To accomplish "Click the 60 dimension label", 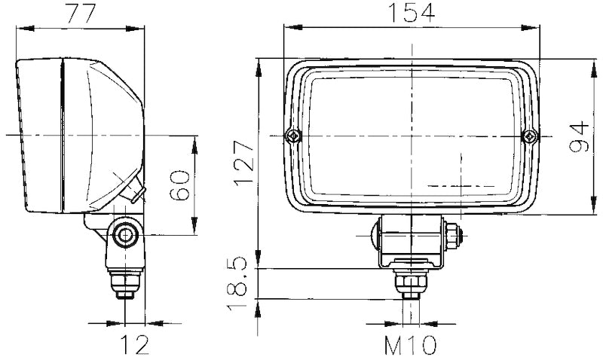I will [x=179, y=185].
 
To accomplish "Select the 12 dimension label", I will [x=134, y=345].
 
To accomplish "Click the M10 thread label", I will [x=411, y=346].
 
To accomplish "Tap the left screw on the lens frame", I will [x=292, y=136].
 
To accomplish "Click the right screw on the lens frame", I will [x=531, y=136].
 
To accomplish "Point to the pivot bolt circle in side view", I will [x=124, y=236].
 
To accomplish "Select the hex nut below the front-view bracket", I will [x=411, y=283].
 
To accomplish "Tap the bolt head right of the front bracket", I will [x=454, y=233].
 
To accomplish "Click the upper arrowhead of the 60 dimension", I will [x=196, y=143].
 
